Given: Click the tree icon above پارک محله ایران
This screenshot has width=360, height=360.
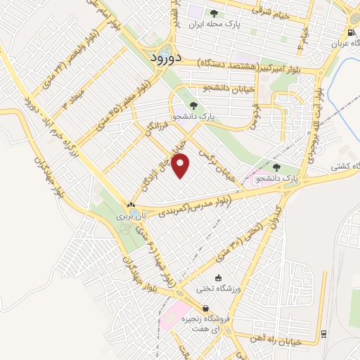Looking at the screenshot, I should pyautogui.click(x=214, y=13).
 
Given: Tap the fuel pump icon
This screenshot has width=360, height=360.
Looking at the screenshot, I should pyautogui.click(x=351, y=32).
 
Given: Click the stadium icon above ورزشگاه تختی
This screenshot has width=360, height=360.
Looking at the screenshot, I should pyautogui.click(x=219, y=278).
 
